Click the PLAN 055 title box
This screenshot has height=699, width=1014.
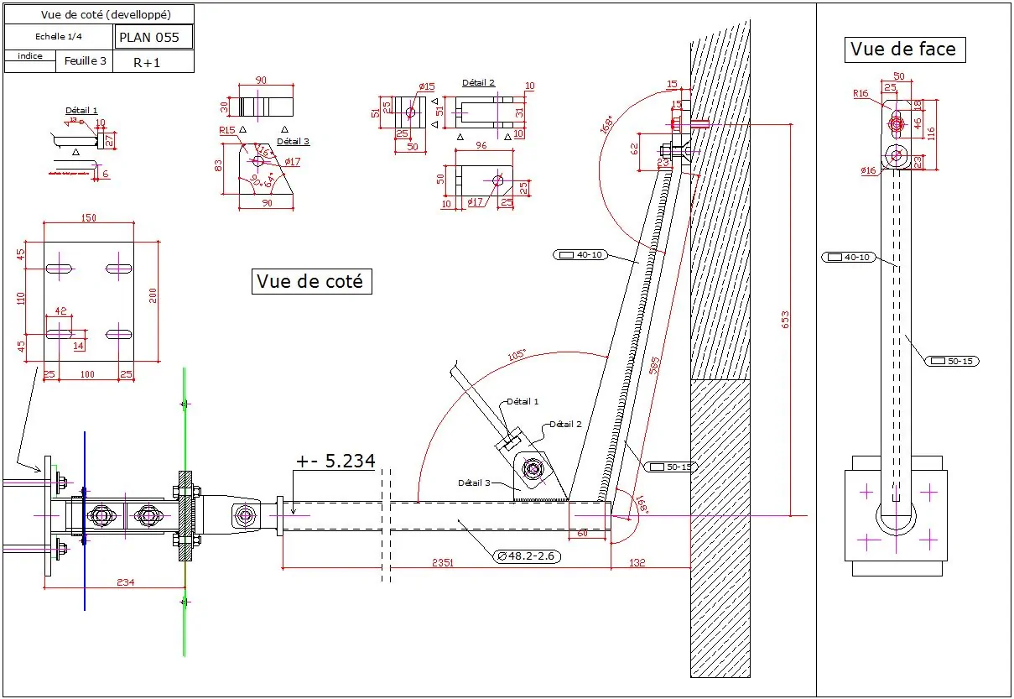coord(153,37)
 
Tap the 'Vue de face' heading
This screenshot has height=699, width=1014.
coord(903,50)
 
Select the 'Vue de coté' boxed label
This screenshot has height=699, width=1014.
coord(310,282)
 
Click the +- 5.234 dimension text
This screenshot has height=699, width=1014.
coord(335,461)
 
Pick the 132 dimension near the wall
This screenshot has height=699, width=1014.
coord(637,563)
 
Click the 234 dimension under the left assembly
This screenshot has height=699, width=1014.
coord(125,582)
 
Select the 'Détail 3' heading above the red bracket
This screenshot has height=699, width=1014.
coord(294,142)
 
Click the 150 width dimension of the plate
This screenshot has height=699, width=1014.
coord(88,218)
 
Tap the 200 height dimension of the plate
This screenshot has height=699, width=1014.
coord(153,296)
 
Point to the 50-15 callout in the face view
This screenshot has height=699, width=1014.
coord(952,361)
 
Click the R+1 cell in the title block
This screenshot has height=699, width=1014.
coord(148,62)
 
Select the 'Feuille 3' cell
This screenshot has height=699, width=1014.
coord(86,61)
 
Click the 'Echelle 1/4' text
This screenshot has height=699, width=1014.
coord(60,37)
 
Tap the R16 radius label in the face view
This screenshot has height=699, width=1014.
coord(861,94)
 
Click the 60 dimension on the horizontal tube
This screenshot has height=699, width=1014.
coord(581,533)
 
